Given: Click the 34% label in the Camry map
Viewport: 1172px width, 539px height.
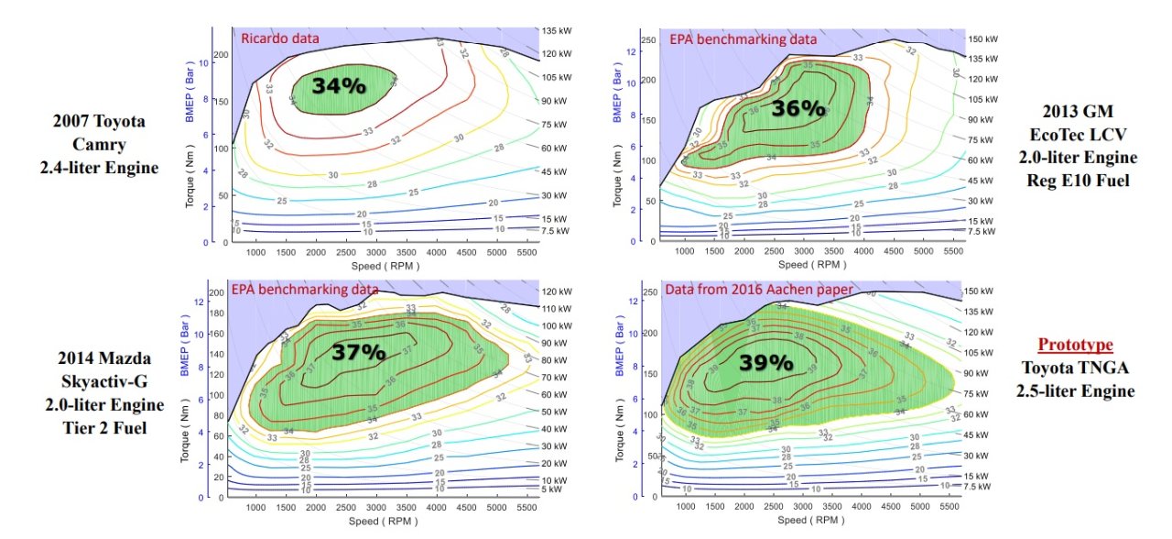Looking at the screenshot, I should pyautogui.click(x=339, y=86).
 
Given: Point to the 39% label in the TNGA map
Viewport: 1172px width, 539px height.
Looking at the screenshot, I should pyautogui.click(x=766, y=361).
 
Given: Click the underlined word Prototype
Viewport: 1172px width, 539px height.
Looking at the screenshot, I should pyautogui.click(x=1075, y=345).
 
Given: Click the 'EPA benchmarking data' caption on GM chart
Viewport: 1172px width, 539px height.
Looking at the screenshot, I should pyautogui.click(x=743, y=39).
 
